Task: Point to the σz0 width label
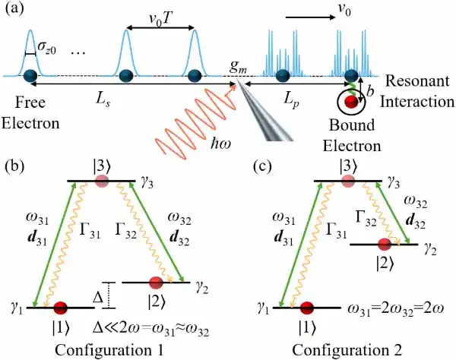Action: click(47, 51)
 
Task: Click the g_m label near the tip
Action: click(238, 67)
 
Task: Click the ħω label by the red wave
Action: click(221, 143)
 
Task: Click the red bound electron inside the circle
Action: click(350, 102)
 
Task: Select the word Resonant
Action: click(417, 81)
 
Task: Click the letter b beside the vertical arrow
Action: click(370, 92)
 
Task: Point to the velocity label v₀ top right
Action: click(345, 10)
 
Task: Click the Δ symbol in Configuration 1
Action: click(98, 297)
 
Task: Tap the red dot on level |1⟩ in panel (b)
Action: click(61, 308)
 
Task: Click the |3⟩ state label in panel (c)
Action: click(347, 167)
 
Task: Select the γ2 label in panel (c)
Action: click(431, 250)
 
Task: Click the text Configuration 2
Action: click(347, 350)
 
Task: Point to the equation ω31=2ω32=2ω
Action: click(396, 309)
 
